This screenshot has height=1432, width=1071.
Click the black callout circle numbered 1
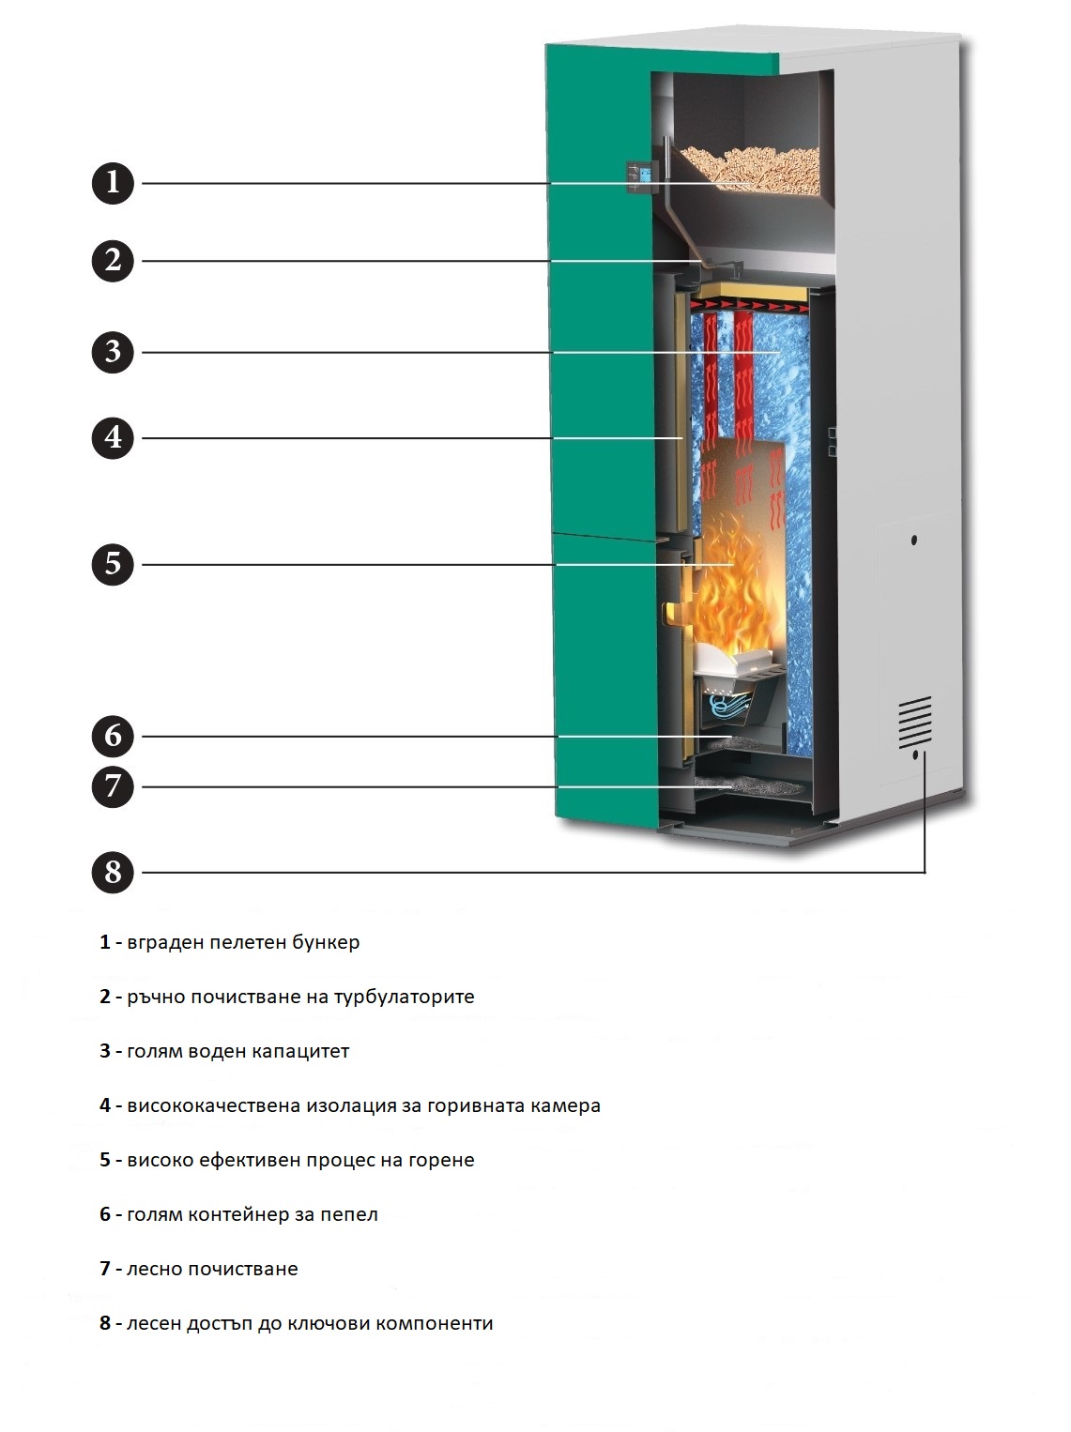point(113,183)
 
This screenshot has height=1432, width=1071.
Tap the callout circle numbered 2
point(113,261)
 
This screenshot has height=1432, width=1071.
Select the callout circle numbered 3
point(113,352)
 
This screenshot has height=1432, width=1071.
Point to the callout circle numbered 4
point(113,437)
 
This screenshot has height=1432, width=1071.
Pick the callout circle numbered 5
point(113,564)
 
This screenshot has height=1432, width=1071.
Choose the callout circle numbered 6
point(113,737)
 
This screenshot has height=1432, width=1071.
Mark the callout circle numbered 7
point(113,786)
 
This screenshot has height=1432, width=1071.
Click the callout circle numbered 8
point(113,873)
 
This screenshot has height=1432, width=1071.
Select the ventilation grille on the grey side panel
point(914,722)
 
